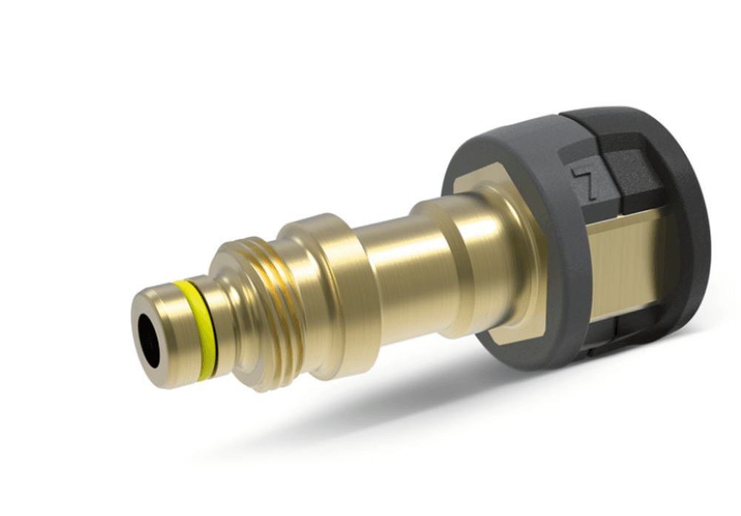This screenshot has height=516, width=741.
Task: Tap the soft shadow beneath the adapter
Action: [x=445, y=415]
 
